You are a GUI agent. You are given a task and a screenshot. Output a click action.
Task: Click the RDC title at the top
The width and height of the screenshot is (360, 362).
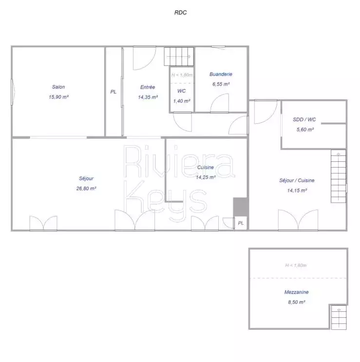click(180, 13)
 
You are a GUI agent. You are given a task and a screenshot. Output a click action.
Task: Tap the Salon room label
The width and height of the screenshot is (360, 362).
click(58, 87)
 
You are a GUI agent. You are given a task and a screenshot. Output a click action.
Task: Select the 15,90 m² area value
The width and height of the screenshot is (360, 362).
click(58, 97)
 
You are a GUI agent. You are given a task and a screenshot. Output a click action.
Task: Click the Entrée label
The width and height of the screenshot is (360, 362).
click(148, 87)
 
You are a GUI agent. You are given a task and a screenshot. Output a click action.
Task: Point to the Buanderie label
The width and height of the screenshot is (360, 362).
click(221, 75)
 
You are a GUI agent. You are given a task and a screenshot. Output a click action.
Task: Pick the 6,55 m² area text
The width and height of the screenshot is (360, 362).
click(221, 84)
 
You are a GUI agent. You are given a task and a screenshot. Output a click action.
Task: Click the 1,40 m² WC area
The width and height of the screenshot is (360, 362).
click(182, 101)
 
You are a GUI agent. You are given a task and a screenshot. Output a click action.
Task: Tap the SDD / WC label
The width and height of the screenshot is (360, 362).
click(304, 119)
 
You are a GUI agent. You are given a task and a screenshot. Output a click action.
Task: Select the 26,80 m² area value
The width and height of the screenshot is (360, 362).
click(86, 189)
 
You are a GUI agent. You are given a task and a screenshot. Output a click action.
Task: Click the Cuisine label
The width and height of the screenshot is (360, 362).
click(206, 168)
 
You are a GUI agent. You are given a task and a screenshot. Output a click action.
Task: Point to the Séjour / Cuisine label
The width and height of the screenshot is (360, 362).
click(297, 181)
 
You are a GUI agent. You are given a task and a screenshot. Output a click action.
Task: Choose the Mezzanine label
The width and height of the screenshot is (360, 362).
click(297, 292)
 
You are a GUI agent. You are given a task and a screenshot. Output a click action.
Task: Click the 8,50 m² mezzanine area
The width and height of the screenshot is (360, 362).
click(297, 302)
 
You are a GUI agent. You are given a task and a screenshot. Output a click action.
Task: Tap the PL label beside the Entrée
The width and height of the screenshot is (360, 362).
click(114, 92)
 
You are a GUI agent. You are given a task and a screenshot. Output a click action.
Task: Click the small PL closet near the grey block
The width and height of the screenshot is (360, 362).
click(241, 223)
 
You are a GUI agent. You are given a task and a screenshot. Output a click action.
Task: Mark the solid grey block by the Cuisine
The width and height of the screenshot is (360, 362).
click(241, 207)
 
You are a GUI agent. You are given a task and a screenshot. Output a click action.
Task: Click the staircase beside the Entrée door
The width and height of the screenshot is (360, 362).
click(179, 57)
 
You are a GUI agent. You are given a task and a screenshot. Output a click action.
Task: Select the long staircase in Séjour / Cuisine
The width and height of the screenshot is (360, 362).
click(339, 176)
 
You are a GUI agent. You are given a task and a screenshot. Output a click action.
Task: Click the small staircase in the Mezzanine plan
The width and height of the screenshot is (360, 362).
click(339, 317)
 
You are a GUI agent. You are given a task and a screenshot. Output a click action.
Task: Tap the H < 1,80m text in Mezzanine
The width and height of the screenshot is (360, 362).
click(296, 266)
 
